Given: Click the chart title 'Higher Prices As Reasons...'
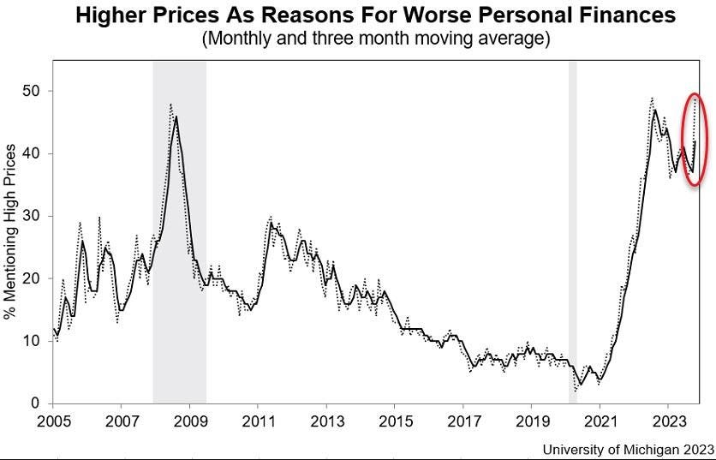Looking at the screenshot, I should (x=375, y=15).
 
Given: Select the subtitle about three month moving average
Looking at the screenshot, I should (x=375, y=39).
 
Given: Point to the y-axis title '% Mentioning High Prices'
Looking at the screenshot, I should (x=11, y=231).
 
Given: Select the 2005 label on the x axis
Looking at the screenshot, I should (x=53, y=421).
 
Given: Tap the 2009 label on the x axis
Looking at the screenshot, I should (x=189, y=421).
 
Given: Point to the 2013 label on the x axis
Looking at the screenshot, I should (x=325, y=421).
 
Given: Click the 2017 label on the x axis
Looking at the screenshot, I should (x=462, y=421).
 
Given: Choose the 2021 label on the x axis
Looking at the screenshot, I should (x=599, y=421).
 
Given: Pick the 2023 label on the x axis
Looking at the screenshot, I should (x=667, y=421).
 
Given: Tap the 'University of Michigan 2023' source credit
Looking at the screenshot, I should (x=628, y=449).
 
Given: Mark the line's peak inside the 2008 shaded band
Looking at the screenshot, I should (x=176, y=116).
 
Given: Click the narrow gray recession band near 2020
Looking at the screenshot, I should (x=572, y=231).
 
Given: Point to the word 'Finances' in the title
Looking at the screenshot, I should (x=627, y=15).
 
